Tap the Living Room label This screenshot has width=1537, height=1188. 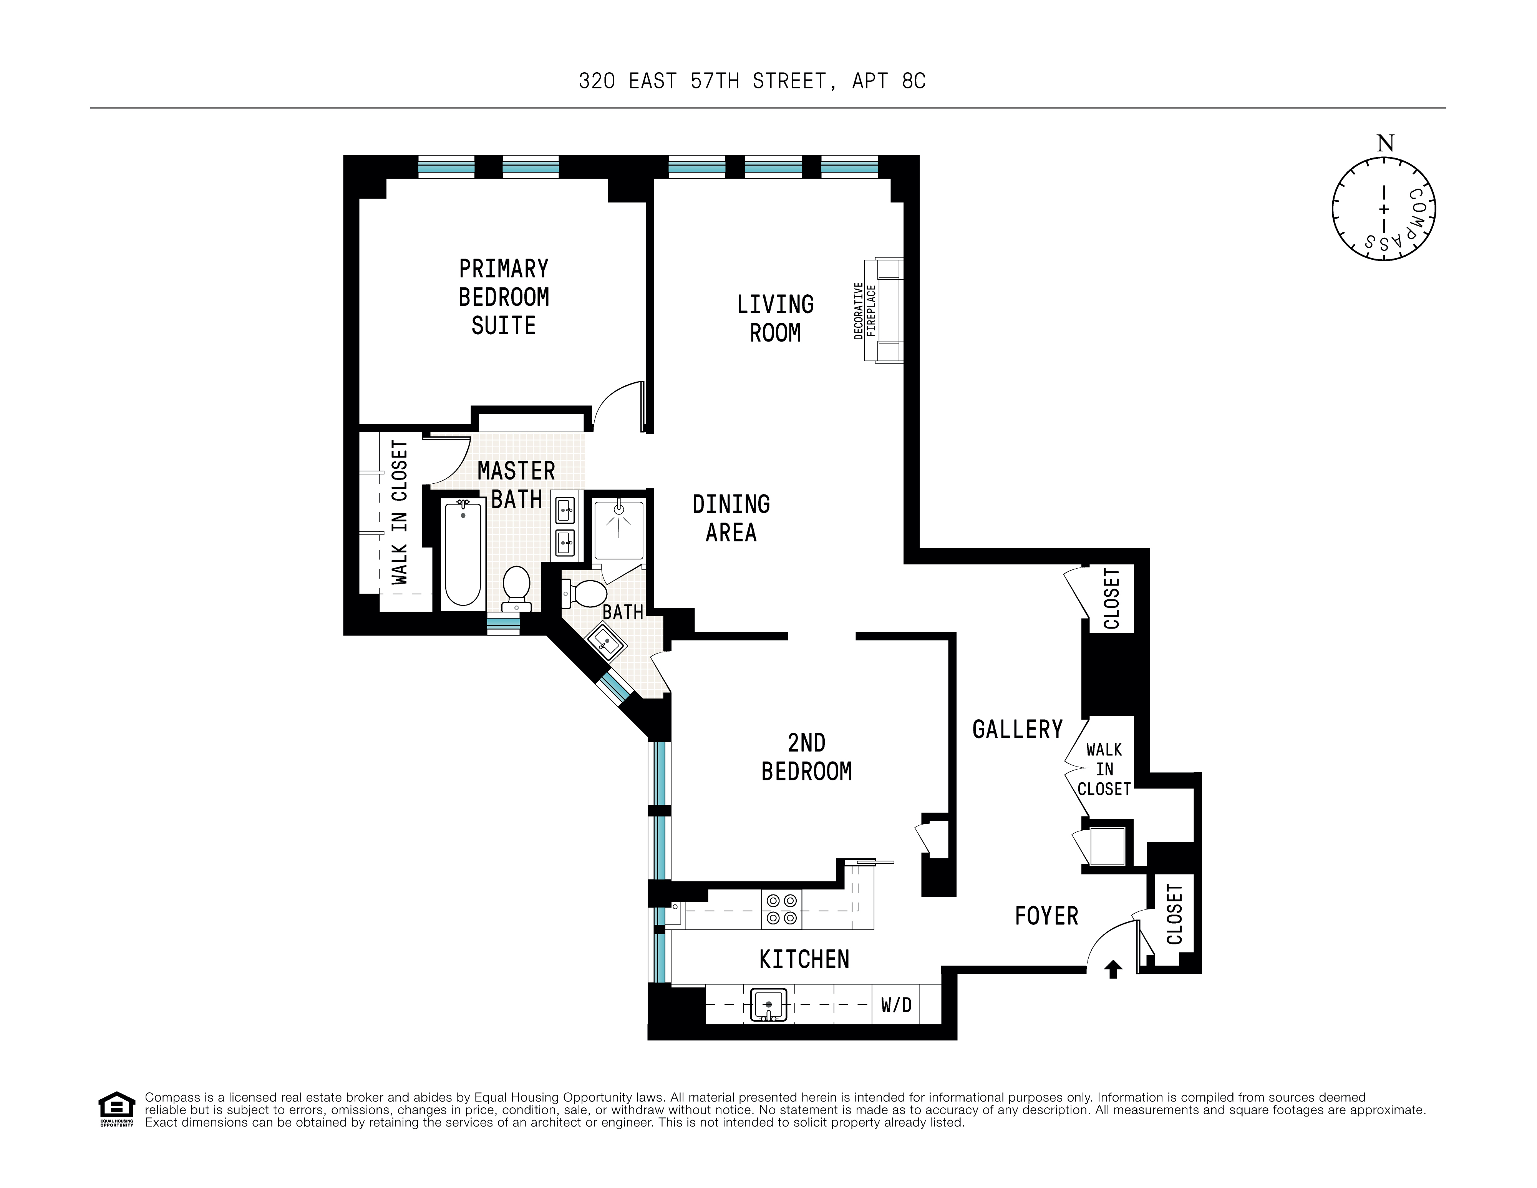coord(775,319)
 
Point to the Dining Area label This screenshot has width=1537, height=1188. coord(731,519)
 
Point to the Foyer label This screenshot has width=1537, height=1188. coord(1046,916)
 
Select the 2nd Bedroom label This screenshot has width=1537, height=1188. coord(806,757)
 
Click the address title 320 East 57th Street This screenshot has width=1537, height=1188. coord(752,81)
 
